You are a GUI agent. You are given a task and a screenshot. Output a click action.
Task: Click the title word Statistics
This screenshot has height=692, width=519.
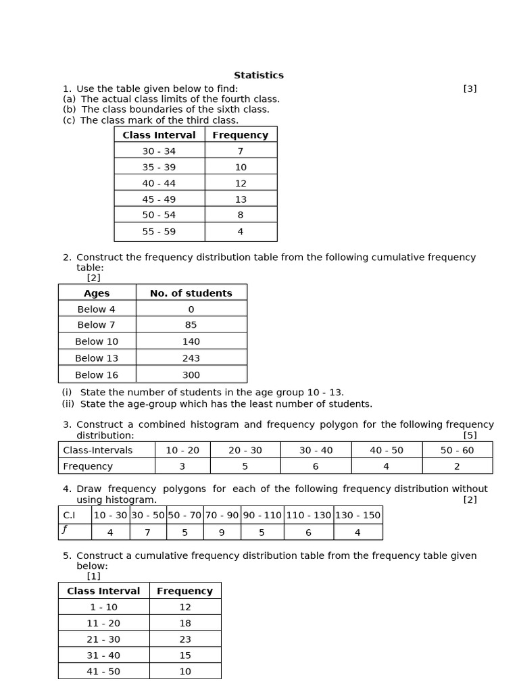[259, 75]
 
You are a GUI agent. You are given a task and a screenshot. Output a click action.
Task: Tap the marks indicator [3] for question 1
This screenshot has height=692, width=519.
[470, 89]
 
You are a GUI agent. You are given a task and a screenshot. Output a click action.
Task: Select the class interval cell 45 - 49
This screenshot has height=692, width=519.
[159, 199]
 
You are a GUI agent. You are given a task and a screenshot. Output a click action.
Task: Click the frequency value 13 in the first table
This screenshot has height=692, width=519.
[241, 199]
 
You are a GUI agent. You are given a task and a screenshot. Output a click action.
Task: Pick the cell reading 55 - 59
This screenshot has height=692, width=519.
[159, 231]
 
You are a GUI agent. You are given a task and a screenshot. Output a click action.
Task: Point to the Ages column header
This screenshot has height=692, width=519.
[97, 293]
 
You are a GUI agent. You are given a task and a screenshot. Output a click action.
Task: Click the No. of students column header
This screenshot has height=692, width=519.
[191, 293]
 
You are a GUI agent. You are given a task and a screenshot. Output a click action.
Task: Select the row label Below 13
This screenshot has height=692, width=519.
[97, 358]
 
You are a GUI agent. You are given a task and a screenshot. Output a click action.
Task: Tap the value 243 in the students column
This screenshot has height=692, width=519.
[191, 358]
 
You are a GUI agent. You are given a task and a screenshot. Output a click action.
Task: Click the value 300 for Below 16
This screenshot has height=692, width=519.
[191, 375]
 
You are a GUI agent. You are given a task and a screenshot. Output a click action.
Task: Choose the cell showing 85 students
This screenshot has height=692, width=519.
[191, 325]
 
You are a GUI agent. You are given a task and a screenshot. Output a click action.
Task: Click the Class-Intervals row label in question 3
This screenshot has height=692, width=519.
[98, 450]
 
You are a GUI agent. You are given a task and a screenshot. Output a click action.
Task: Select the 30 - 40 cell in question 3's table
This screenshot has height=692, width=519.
[316, 450]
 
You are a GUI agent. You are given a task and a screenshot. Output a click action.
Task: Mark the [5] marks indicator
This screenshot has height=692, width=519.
[470, 435]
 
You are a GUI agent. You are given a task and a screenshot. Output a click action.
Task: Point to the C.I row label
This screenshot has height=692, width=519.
[70, 515]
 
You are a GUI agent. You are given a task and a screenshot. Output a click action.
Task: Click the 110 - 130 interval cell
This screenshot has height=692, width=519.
[308, 515]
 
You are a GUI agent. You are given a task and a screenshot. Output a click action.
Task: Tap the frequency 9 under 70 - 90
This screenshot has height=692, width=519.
[222, 533]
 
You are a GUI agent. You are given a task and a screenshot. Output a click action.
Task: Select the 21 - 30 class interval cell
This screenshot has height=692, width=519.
[103, 639]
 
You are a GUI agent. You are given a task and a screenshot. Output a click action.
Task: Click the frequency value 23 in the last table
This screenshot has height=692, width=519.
[184, 639]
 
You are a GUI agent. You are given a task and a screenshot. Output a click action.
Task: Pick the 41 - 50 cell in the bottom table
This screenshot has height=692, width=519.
[103, 671]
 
